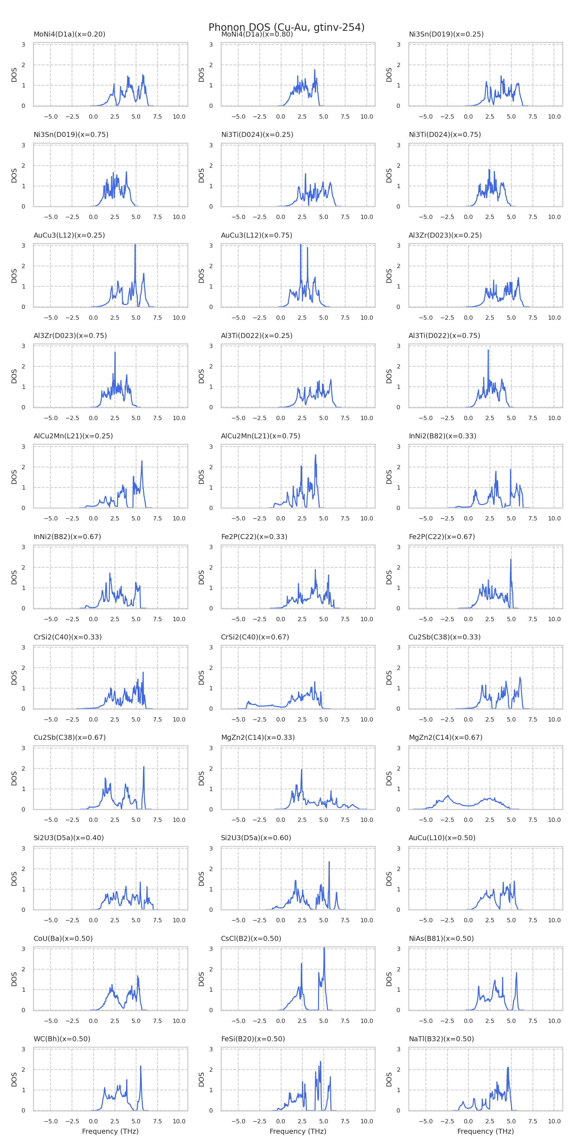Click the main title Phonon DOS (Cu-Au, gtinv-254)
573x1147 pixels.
click(x=286, y=28)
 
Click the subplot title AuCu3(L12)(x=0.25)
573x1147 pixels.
click(x=69, y=235)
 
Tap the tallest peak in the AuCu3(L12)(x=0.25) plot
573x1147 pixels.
click(x=135, y=245)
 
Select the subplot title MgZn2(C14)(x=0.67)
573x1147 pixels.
click(x=445, y=737)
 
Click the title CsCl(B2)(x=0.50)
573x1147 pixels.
click(x=251, y=938)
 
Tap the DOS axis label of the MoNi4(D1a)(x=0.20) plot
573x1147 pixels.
click(x=14, y=75)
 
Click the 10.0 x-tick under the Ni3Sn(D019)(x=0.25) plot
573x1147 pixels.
click(x=554, y=116)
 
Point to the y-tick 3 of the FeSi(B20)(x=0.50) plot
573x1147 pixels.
click(x=211, y=1050)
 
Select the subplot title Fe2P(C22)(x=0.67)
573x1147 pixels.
click(x=442, y=537)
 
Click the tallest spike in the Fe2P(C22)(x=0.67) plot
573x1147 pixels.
click(x=511, y=560)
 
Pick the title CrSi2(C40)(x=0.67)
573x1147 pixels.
click(x=255, y=637)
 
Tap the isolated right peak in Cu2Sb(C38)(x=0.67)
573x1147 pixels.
click(x=144, y=767)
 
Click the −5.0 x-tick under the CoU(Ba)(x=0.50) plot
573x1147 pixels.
click(x=51, y=1020)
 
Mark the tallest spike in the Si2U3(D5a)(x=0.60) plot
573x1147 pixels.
click(x=329, y=862)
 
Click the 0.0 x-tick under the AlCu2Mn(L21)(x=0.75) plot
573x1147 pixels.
click(x=281, y=518)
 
